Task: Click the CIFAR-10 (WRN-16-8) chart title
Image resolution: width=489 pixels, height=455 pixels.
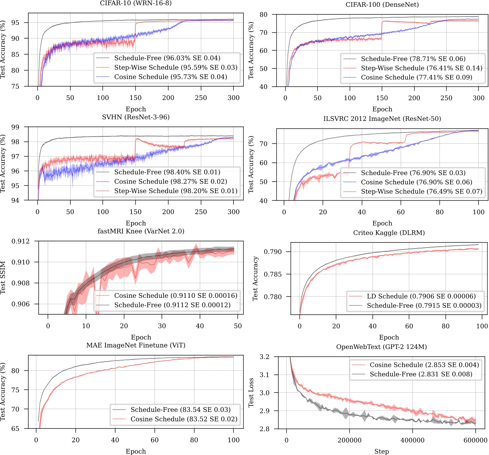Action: point(136,3)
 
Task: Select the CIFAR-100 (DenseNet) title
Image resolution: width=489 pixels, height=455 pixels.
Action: point(382,5)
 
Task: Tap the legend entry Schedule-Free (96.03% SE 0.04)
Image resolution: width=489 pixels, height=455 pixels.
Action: point(167,58)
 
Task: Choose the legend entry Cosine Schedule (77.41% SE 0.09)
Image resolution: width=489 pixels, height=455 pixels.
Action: point(416,78)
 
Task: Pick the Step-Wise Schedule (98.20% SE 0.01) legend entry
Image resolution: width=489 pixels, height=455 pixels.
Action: point(176,191)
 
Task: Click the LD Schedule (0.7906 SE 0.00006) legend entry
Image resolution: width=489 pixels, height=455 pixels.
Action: point(421,296)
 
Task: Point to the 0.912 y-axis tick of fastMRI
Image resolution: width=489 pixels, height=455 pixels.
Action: point(21,242)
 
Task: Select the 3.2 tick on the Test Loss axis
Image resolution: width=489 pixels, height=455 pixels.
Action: point(265,357)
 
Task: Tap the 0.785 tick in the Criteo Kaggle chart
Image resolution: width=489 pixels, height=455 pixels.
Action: point(272,274)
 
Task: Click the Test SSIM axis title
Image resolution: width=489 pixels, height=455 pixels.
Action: point(3,277)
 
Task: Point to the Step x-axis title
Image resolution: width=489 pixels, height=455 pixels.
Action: point(381,451)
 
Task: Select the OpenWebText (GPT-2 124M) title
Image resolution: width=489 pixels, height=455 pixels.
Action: point(381,347)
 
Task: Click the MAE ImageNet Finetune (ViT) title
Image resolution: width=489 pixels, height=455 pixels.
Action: point(136,345)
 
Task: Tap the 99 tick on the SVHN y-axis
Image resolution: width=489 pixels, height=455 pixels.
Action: point(15,127)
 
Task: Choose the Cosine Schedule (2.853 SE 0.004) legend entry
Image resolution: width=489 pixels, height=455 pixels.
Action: point(424,365)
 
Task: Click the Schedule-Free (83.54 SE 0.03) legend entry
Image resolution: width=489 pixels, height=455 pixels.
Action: point(181,410)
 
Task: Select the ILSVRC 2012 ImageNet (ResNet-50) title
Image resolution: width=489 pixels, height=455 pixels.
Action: point(382,119)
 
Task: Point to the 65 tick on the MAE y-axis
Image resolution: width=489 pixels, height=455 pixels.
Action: point(15,429)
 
